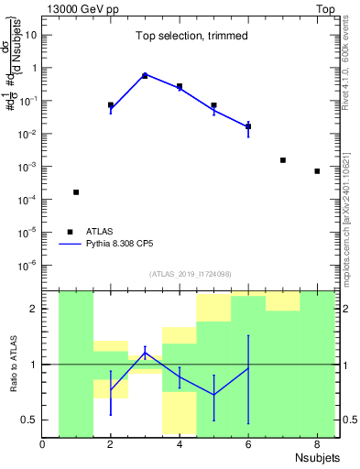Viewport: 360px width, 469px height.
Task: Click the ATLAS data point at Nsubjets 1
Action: pyautogui.click(x=76, y=192)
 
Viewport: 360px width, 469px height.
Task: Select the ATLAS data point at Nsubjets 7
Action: pyautogui.click(x=283, y=160)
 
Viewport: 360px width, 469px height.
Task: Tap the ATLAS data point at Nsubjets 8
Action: pyautogui.click(x=317, y=171)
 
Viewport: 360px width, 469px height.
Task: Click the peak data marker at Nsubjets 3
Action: pyautogui.click(x=145, y=75)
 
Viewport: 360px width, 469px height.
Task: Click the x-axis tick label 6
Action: pyautogui.click(x=248, y=444)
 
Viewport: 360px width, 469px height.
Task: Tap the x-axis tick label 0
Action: pyautogui.click(x=42, y=444)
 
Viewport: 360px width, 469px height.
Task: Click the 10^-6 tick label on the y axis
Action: pyautogui.click(x=27, y=266)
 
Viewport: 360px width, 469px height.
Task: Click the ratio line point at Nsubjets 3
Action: pyautogui.click(x=145, y=353)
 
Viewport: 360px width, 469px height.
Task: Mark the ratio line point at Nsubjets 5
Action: pyautogui.click(x=213, y=395)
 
